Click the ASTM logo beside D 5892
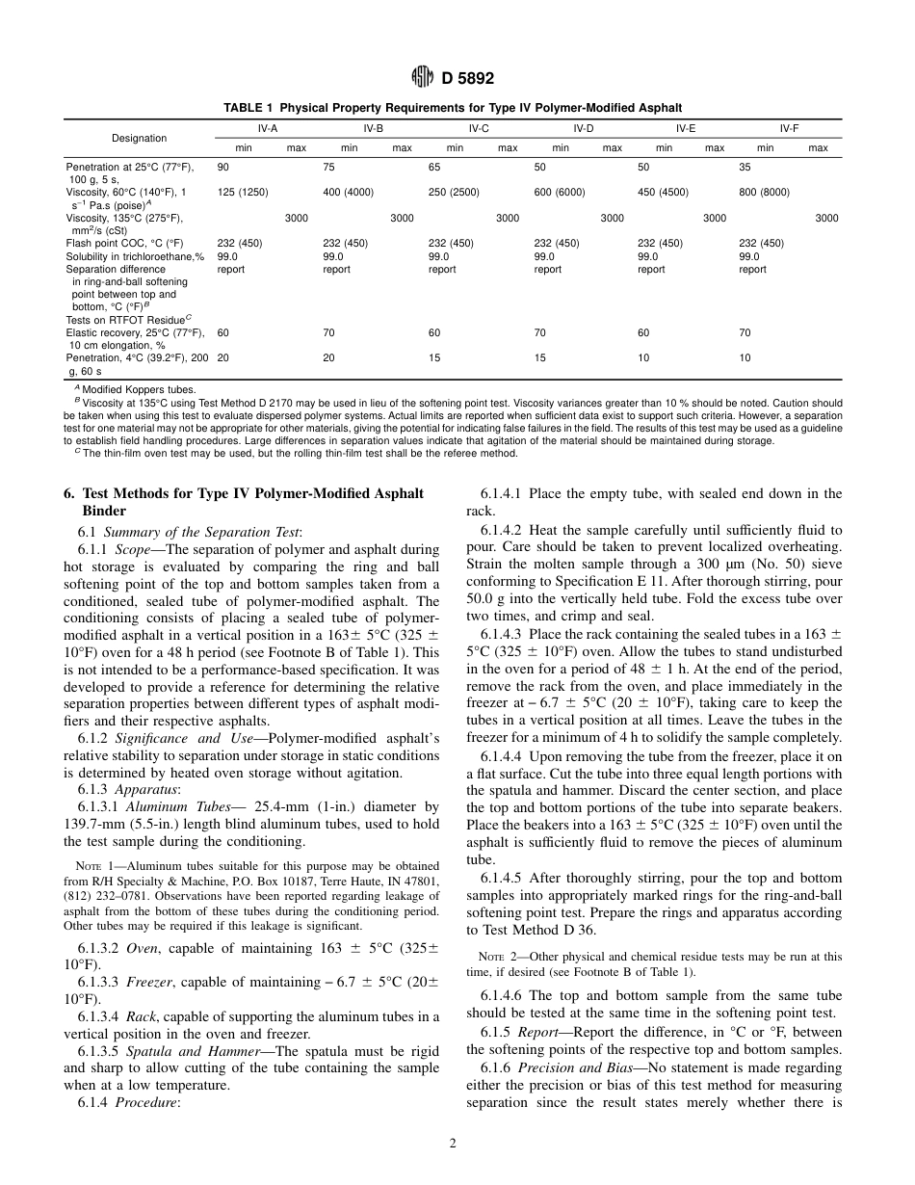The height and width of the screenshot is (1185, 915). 419,79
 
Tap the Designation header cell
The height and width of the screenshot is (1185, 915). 139,138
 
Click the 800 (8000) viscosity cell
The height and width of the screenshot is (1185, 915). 764,192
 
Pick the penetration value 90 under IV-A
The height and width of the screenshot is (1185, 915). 223,166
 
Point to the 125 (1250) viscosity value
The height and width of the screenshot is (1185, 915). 241,192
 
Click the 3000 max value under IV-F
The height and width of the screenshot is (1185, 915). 826,219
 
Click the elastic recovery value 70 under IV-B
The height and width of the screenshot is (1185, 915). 328,332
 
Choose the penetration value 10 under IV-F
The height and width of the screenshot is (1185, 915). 745,357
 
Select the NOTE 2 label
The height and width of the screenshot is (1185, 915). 500,957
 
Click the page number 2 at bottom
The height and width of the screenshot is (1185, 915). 452,1144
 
